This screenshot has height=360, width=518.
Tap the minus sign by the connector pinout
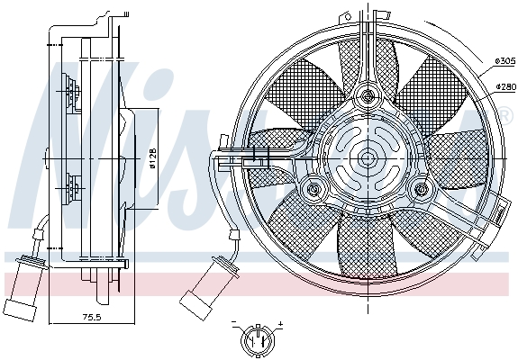[x=233, y=322]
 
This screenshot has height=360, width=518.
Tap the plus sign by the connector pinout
[x=280, y=322]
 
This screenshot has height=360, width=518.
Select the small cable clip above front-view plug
[x=232, y=232]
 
